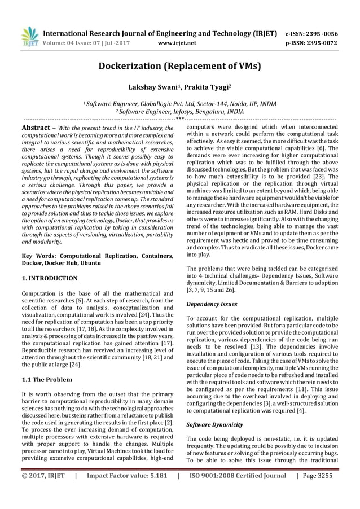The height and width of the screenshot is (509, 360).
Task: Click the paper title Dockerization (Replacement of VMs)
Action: click(x=179, y=66)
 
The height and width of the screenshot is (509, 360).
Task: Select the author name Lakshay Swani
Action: click(x=151, y=87)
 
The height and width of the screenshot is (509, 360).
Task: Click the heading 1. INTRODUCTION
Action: click(x=49, y=279)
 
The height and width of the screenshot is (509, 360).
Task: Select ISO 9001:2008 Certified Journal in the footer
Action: click(x=236, y=491)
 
